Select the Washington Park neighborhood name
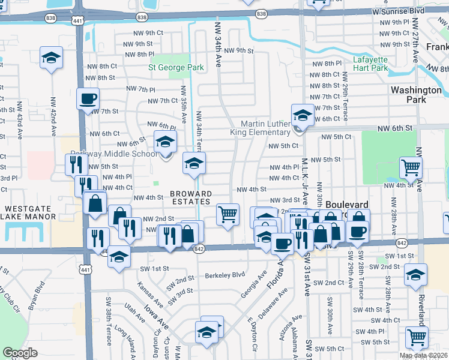coord(415,94)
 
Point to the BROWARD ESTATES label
coord(191,198)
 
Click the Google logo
coord(20,353)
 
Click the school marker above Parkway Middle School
coord(166,142)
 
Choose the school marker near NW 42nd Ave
coord(52,59)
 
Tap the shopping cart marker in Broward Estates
coord(227,214)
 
